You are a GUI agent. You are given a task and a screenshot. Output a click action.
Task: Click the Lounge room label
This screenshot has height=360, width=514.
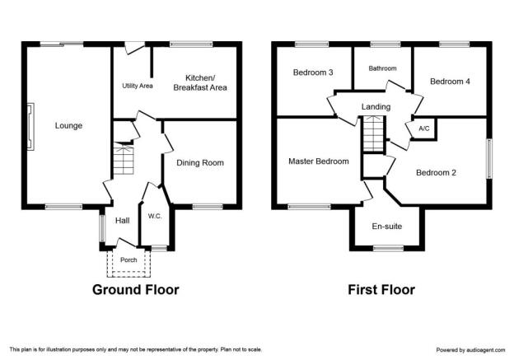pos(68,125)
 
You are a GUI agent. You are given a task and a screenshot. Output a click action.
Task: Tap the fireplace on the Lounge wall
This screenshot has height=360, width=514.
pos(30,127)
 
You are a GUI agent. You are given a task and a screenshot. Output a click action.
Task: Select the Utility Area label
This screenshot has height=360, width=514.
pos(138,86)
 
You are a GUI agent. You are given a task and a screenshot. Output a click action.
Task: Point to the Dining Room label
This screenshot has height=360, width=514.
pos(200,162)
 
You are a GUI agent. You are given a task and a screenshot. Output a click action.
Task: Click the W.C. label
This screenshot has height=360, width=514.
pos(155,216)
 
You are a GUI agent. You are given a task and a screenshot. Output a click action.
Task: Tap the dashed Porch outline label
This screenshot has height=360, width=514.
pos(128,260)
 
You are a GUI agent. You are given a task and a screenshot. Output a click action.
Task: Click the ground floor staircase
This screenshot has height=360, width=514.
pos(124,159)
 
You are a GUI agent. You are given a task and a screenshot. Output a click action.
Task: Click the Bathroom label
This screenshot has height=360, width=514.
pos(382,68)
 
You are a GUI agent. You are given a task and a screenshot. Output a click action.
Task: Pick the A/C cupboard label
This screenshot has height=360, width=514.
pos(424,129)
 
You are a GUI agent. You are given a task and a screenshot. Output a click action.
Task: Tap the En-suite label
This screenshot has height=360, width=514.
pos(387,227)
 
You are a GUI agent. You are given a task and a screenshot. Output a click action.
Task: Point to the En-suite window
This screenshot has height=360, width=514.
pos(388,248)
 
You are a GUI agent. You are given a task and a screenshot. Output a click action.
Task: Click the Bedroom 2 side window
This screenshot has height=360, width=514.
pos(489,159)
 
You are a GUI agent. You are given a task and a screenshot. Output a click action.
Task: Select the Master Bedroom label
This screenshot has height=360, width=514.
pos(319,161)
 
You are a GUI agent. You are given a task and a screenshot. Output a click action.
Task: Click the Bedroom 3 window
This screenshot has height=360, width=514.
pos(311,44)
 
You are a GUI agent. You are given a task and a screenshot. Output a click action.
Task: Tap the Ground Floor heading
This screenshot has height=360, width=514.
pos(136,290)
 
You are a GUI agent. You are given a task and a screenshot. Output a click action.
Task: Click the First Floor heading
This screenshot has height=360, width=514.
pos(381,290)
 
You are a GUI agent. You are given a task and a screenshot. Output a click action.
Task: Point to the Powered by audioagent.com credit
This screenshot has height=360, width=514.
pos(470,350)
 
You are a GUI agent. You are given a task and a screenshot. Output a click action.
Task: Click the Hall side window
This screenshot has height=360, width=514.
pos(102,228)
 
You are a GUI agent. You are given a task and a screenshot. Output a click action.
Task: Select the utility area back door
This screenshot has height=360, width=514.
pos(135,48)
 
